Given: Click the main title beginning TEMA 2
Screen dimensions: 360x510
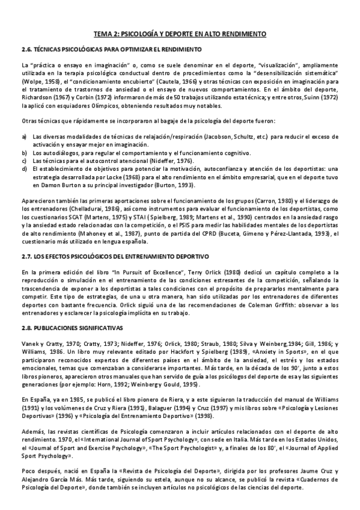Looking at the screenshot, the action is click(180, 34).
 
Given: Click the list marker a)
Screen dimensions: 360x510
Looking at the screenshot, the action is click(23, 137).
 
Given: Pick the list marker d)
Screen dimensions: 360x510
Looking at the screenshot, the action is click(23, 168).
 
